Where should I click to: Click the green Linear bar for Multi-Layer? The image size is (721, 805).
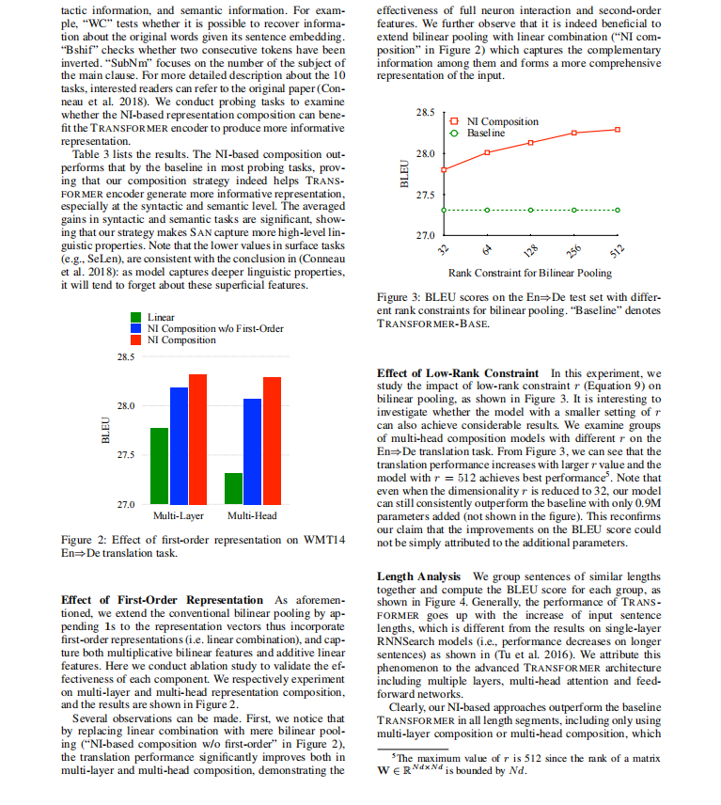[159, 466]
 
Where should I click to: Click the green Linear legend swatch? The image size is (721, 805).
[136, 318]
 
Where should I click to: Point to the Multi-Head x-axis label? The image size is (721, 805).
[252, 516]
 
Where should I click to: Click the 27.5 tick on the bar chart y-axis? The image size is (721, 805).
[124, 455]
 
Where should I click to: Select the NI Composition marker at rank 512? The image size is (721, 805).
[618, 129]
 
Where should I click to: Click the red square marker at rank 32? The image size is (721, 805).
[444, 169]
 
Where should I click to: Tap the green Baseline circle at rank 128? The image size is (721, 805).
[531, 210]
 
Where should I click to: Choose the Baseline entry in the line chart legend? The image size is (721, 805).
[485, 134]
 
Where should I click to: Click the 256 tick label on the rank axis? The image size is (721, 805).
[572, 251]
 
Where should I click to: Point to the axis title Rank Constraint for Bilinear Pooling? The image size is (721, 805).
[531, 274]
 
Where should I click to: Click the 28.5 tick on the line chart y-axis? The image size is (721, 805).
[424, 113]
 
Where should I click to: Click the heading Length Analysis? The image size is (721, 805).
[418, 576]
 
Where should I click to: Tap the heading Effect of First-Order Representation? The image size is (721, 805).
[162, 600]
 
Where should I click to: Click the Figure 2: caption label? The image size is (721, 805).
[85, 540]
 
